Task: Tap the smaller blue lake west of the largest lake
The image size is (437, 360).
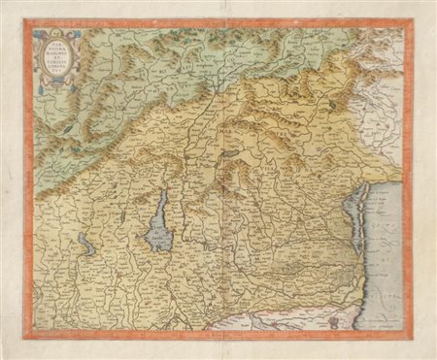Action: (x=87, y=246)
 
